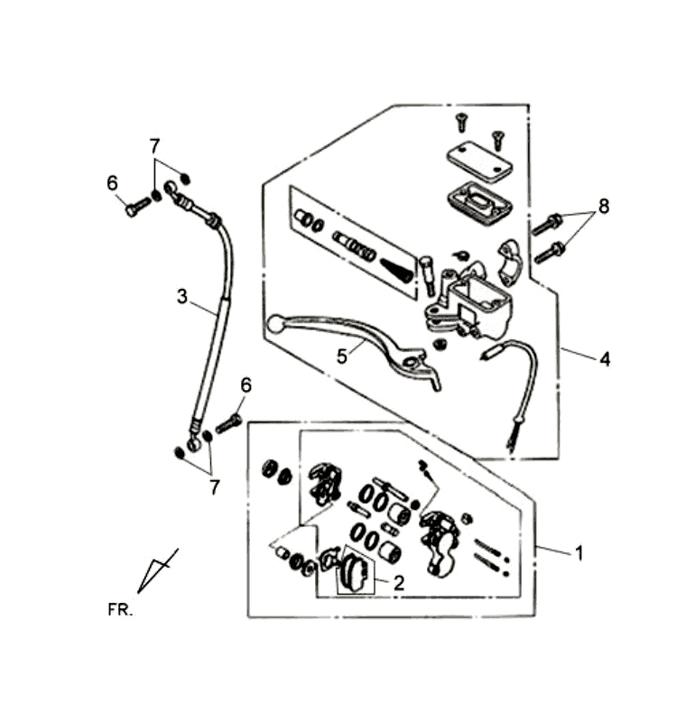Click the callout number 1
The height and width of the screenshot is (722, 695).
(579, 552)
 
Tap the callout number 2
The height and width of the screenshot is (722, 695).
(398, 583)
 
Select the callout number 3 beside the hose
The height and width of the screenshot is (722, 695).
(182, 295)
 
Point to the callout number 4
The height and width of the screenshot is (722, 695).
(604, 358)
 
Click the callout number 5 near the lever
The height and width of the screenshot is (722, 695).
(342, 356)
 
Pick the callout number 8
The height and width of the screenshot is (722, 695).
(602, 207)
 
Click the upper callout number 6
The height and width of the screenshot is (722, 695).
(112, 183)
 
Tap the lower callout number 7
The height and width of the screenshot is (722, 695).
(214, 486)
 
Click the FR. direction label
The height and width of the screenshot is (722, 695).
(119, 609)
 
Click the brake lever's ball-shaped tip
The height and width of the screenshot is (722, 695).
(277, 322)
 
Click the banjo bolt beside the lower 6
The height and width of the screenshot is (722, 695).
(227, 421)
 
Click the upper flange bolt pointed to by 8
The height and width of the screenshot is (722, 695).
(547, 223)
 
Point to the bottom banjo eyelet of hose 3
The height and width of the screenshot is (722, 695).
(193, 441)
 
